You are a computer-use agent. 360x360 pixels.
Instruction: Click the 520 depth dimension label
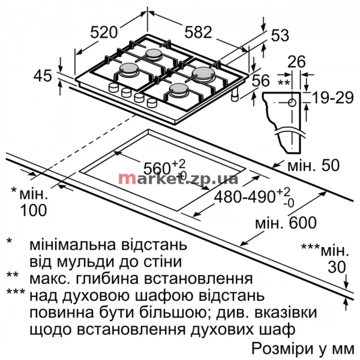(x=104, y=32)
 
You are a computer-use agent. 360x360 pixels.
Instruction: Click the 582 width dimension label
(x=198, y=32)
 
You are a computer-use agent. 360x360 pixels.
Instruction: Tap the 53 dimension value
(x=280, y=35)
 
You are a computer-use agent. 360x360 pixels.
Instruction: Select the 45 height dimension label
(x=43, y=76)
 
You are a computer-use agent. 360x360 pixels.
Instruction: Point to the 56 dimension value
(x=261, y=80)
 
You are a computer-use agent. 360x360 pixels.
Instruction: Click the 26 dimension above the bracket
(x=296, y=61)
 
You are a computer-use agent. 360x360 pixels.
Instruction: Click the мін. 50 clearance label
(x=313, y=165)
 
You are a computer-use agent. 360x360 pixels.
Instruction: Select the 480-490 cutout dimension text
(x=245, y=196)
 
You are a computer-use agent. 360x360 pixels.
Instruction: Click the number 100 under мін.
(x=34, y=210)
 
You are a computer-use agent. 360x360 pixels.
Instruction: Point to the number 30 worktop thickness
(x=337, y=267)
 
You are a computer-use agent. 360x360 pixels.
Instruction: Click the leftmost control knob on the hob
(x=113, y=88)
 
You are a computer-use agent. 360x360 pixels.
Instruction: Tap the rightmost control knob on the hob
(x=152, y=103)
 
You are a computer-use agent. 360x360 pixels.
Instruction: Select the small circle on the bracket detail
(x=292, y=103)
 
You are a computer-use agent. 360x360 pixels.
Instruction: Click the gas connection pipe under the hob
(x=235, y=94)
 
